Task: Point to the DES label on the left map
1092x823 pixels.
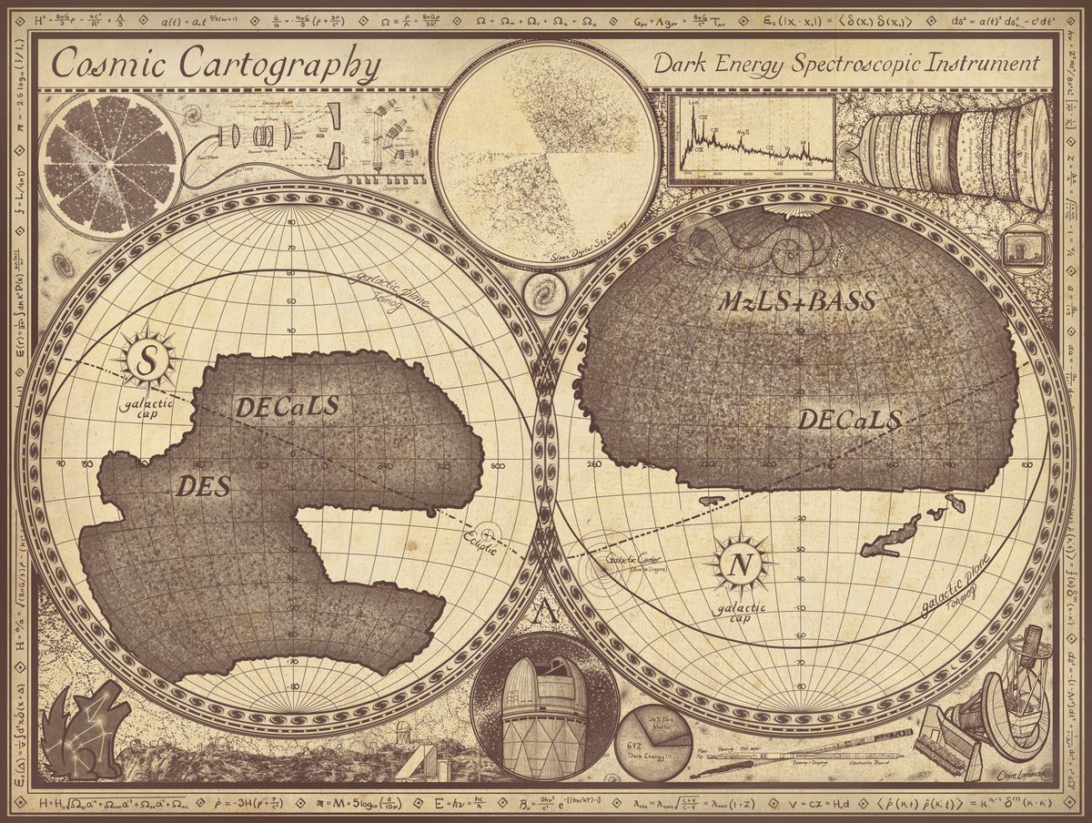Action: click(203, 486)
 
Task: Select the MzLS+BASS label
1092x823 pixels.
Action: click(797, 301)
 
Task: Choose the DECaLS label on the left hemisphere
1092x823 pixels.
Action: click(287, 406)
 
